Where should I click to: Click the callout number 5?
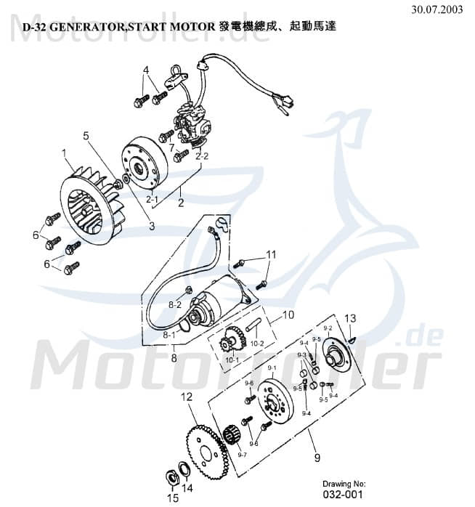(x=86, y=135)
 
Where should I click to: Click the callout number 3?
(x=151, y=226)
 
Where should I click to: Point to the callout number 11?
(x=271, y=254)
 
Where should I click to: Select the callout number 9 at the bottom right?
(x=317, y=458)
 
